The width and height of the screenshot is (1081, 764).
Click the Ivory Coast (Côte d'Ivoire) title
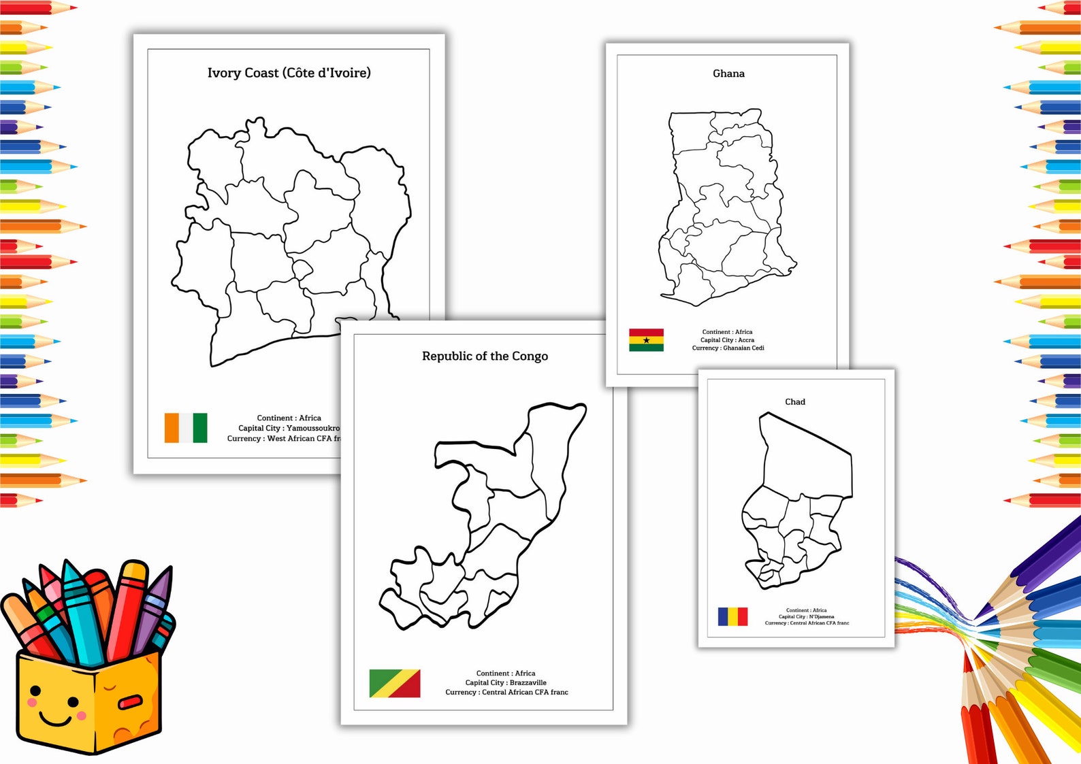point(289,73)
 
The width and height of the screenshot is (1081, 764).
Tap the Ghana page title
point(728,73)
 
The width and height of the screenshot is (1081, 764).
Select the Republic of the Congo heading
point(485,356)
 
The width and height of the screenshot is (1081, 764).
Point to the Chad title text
point(794,402)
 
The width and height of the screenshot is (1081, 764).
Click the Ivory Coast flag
point(186,428)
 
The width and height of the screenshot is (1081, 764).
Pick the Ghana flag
point(646,340)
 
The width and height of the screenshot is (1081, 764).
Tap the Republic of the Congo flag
point(394,683)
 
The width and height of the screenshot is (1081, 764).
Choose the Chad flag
point(732,616)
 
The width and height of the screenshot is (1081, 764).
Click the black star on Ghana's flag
point(646,340)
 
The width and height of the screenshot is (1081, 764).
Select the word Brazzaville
point(528,682)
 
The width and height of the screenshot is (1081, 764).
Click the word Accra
point(746,340)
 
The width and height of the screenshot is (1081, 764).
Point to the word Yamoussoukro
point(313,428)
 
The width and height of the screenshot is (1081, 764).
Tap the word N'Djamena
point(821,616)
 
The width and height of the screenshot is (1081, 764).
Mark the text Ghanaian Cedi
point(743,348)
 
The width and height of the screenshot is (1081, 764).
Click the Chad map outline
point(796,503)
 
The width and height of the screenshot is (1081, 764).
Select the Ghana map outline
point(725,204)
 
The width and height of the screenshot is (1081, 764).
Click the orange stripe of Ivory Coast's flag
point(172,428)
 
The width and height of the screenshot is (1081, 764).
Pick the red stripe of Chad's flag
point(743,616)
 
